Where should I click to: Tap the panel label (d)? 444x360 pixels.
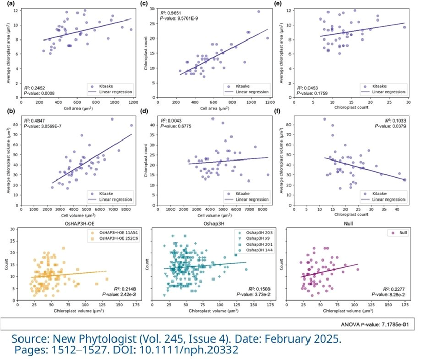click(x=154, y=111)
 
